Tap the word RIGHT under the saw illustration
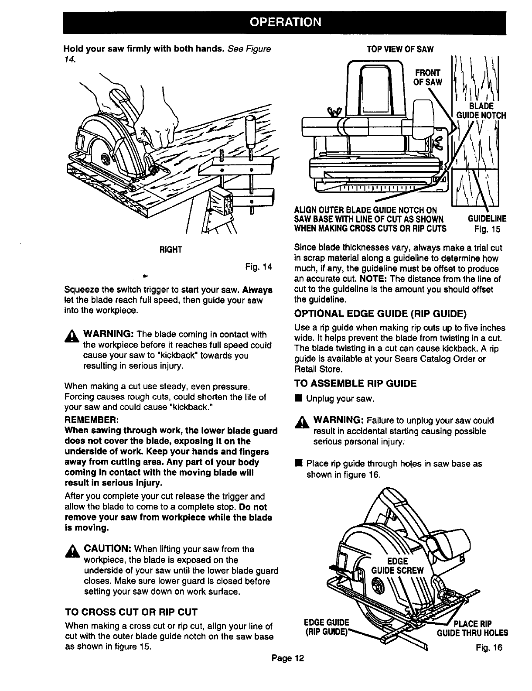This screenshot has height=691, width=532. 171,250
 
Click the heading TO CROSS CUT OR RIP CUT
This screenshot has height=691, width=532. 131,611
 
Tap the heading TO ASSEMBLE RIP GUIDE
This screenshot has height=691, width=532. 355,383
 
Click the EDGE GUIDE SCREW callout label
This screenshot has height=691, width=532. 397,565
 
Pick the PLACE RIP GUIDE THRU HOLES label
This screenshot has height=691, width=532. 473,628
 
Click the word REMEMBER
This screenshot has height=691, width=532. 90,420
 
